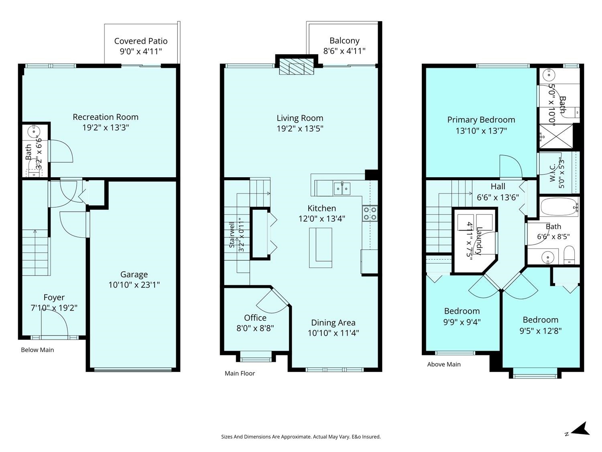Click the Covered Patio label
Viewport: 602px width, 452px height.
click(x=141, y=41)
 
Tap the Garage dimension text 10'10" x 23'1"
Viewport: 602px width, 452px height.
click(x=134, y=285)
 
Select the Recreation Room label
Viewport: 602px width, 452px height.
click(x=106, y=117)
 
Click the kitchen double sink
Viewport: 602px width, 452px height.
click(x=342, y=188)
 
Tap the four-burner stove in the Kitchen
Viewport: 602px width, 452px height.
click(x=370, y=213)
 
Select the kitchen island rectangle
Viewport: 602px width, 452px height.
click(x=321, y=248)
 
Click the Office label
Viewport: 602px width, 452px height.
click(x=255, y=318)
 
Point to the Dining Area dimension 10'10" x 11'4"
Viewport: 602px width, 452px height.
click(x=333, y=333)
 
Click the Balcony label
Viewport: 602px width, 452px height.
click(x=344, y=41)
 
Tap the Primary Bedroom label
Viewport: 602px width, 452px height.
click(x=481, y=120)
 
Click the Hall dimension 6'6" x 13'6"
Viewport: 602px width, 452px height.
click(x=498, y=197)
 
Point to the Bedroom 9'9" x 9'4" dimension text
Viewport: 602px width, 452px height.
click(x=462, y=322)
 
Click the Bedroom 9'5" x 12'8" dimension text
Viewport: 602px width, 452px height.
click(x=540, y=331)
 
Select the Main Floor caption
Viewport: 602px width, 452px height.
click(x=240, y=373)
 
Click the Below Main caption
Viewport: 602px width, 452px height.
click(x=37, y=350)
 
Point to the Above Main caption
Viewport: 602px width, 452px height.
click(x=444, y=364)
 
